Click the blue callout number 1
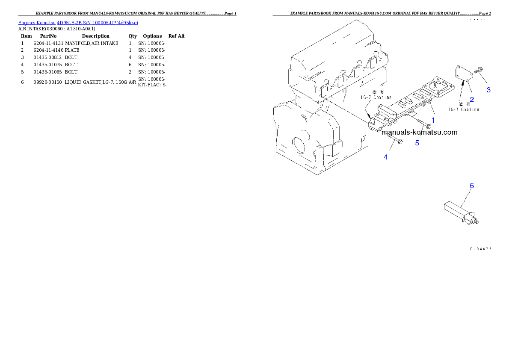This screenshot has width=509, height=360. coord(433,120)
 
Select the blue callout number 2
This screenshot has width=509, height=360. coord(472,100)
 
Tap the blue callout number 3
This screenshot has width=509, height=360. coord(488,90)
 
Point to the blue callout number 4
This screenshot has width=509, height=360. coord(385,157)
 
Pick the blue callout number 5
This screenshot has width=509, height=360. coord(417,143)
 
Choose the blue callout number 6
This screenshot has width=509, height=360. coord(471,186)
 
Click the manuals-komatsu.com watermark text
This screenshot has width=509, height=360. coord(420,132)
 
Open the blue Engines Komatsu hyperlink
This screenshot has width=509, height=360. coord(78,22)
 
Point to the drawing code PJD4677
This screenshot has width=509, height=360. coord(480,248)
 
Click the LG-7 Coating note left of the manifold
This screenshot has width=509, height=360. coord(375,97)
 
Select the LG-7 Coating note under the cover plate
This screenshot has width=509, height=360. coord(464,109)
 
